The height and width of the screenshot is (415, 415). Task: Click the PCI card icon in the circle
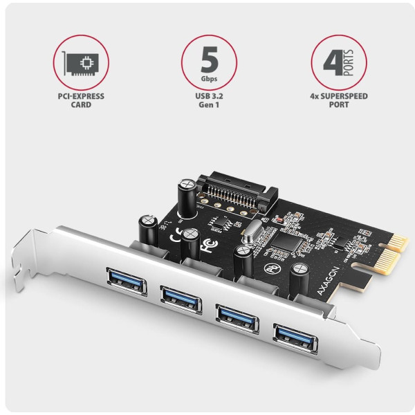(80, 64)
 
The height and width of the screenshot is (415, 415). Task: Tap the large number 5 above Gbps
(210, 59)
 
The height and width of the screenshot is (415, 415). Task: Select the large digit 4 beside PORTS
(333, 62)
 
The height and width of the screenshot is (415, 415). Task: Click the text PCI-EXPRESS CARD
(81, 100)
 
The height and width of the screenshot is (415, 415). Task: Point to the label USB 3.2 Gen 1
(209, 100)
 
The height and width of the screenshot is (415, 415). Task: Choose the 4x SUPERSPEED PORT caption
(339, 100)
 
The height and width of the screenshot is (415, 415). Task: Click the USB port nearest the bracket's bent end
(127, 282)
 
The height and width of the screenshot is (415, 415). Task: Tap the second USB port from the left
(181, 300)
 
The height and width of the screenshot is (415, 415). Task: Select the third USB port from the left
(237, 319)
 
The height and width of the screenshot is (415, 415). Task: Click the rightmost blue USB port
(295, 339)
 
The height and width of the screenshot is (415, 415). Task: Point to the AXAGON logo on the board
(328, 281)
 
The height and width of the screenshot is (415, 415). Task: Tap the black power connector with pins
(237, 192)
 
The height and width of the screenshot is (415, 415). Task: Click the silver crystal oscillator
(252, 232)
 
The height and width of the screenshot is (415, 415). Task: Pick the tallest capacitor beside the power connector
(187, 199)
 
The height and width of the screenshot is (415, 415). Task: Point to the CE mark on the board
(175, 236)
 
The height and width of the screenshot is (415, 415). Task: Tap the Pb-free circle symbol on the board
(273, 268)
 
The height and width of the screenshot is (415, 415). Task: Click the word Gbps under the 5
(209, 79)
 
